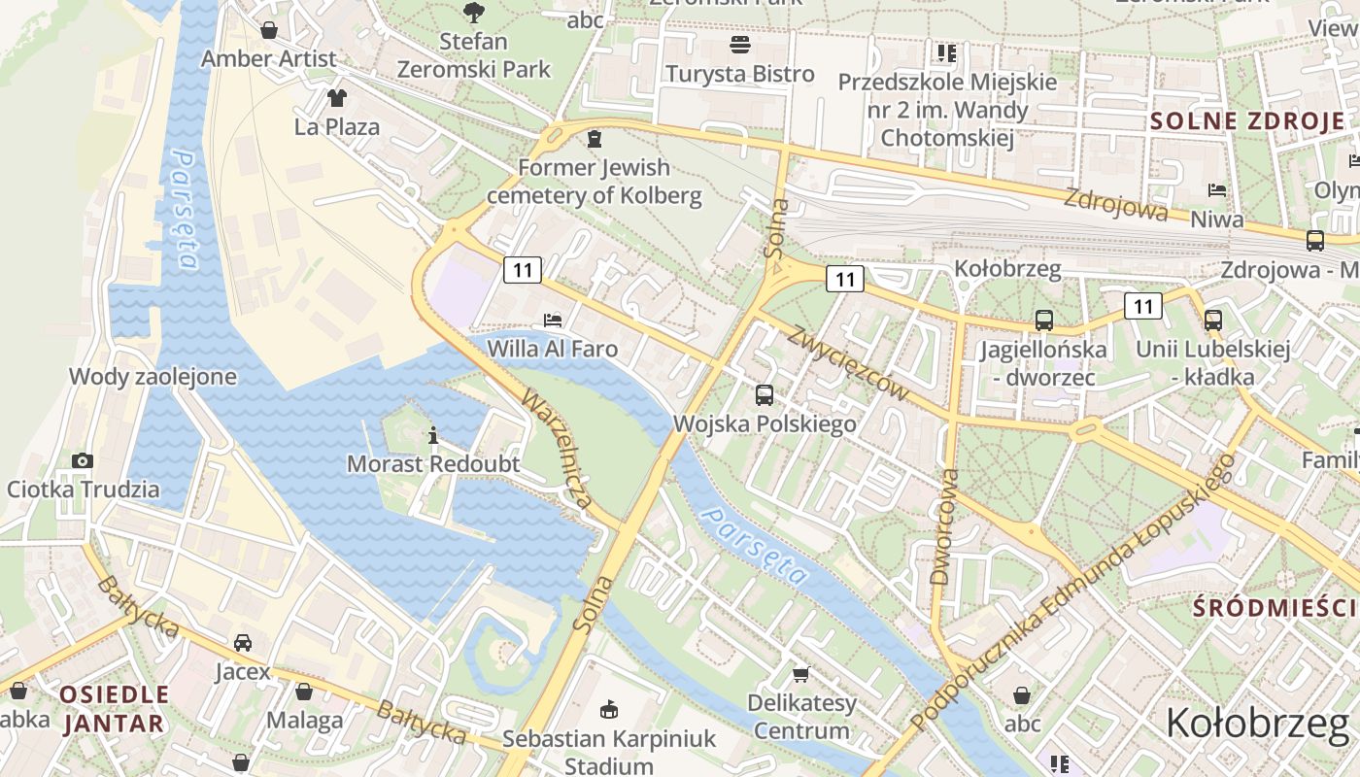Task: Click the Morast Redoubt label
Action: (x=433, y=464)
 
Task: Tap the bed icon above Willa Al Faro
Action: (x=552, y=320)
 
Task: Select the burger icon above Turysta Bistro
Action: (x=740, y=45)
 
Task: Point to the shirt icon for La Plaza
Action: (x=337, y=98)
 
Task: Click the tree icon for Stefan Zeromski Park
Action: (x=473, y=13)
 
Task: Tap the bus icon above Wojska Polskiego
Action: (x=765, y=395)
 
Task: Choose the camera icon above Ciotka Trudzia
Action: (x=83, y=460)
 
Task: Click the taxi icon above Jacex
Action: (x=243, y=643)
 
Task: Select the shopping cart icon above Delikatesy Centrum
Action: (x=801, y=674)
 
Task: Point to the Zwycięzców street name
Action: (x=849, y=363)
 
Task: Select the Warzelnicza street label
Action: (x=557, y=450)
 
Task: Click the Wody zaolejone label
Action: (x=153, y=377)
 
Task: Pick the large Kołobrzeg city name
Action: (x=1257, y=724)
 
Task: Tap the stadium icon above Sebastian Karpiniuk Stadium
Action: (x=609, y=710)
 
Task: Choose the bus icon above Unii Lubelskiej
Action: (x=1212, y=320)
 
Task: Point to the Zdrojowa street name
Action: (x=1115, y=204)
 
